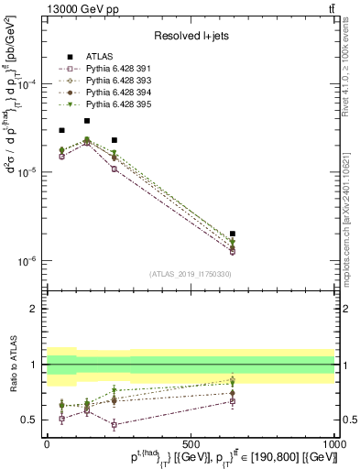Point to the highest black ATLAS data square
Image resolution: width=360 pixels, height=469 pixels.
87,121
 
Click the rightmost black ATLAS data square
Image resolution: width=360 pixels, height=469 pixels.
233,234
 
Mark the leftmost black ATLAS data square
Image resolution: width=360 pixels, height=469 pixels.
61,130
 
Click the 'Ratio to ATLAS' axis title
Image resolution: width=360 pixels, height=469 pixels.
12,364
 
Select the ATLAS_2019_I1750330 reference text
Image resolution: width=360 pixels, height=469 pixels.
190,274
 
